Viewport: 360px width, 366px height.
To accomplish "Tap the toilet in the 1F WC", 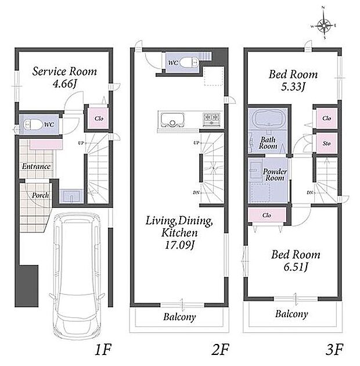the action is pyautogui.click(x=33, y=124).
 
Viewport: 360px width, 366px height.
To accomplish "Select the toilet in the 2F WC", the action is pyautogui.click(x=189, y=63).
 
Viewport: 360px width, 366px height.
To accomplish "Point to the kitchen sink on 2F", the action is pyautogui.click(x=172, y=120).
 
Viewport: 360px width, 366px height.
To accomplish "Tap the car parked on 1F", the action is pyautogui.click(x=77, y=275).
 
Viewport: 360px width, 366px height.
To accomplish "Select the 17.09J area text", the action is pyautogui.click(x=179, y=245).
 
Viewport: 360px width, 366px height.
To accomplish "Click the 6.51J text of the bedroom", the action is pyautogui.click(x=296, y=267).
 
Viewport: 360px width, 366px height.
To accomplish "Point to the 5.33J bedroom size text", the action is pyautogui.click(x=293, y=87).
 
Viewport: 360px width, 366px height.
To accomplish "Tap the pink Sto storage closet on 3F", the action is pyautogui.click(x=327, y=143).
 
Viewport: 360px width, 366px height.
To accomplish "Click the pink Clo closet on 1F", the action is pyautogui.click(x=99, y=119).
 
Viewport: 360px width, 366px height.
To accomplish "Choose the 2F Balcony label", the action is pyautogui.click(x=179, y=317).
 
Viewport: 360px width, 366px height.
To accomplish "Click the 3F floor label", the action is pyautogui.click(x=334, y=349).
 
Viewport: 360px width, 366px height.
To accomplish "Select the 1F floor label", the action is pyautogui.click(x=103, y=349).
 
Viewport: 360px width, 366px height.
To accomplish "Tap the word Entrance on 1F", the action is pyautogui.click(x=36, y=166).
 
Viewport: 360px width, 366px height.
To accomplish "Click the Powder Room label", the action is pyautogui.click(x=275, y=175).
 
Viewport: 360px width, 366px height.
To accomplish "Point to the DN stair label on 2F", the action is pyautogui.click(x=196, y=192).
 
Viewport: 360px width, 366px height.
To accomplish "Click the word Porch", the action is pyautogui.click(x=41, y=195).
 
